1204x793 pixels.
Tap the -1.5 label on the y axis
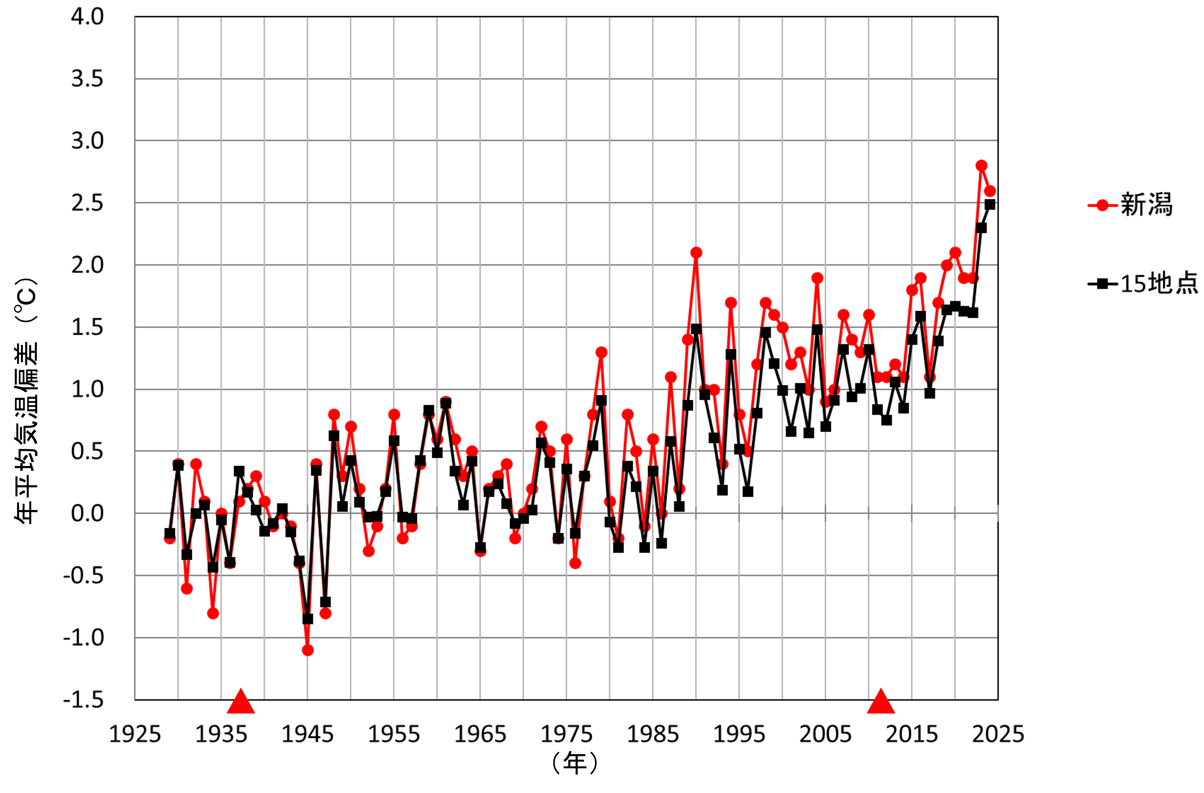pos(83,700)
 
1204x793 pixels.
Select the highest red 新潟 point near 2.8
pos(981,166)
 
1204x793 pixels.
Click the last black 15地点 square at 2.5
pos(990,204)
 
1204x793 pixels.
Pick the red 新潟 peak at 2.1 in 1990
pos(696,252)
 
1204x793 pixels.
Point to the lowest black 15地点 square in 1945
pos(308,619)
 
